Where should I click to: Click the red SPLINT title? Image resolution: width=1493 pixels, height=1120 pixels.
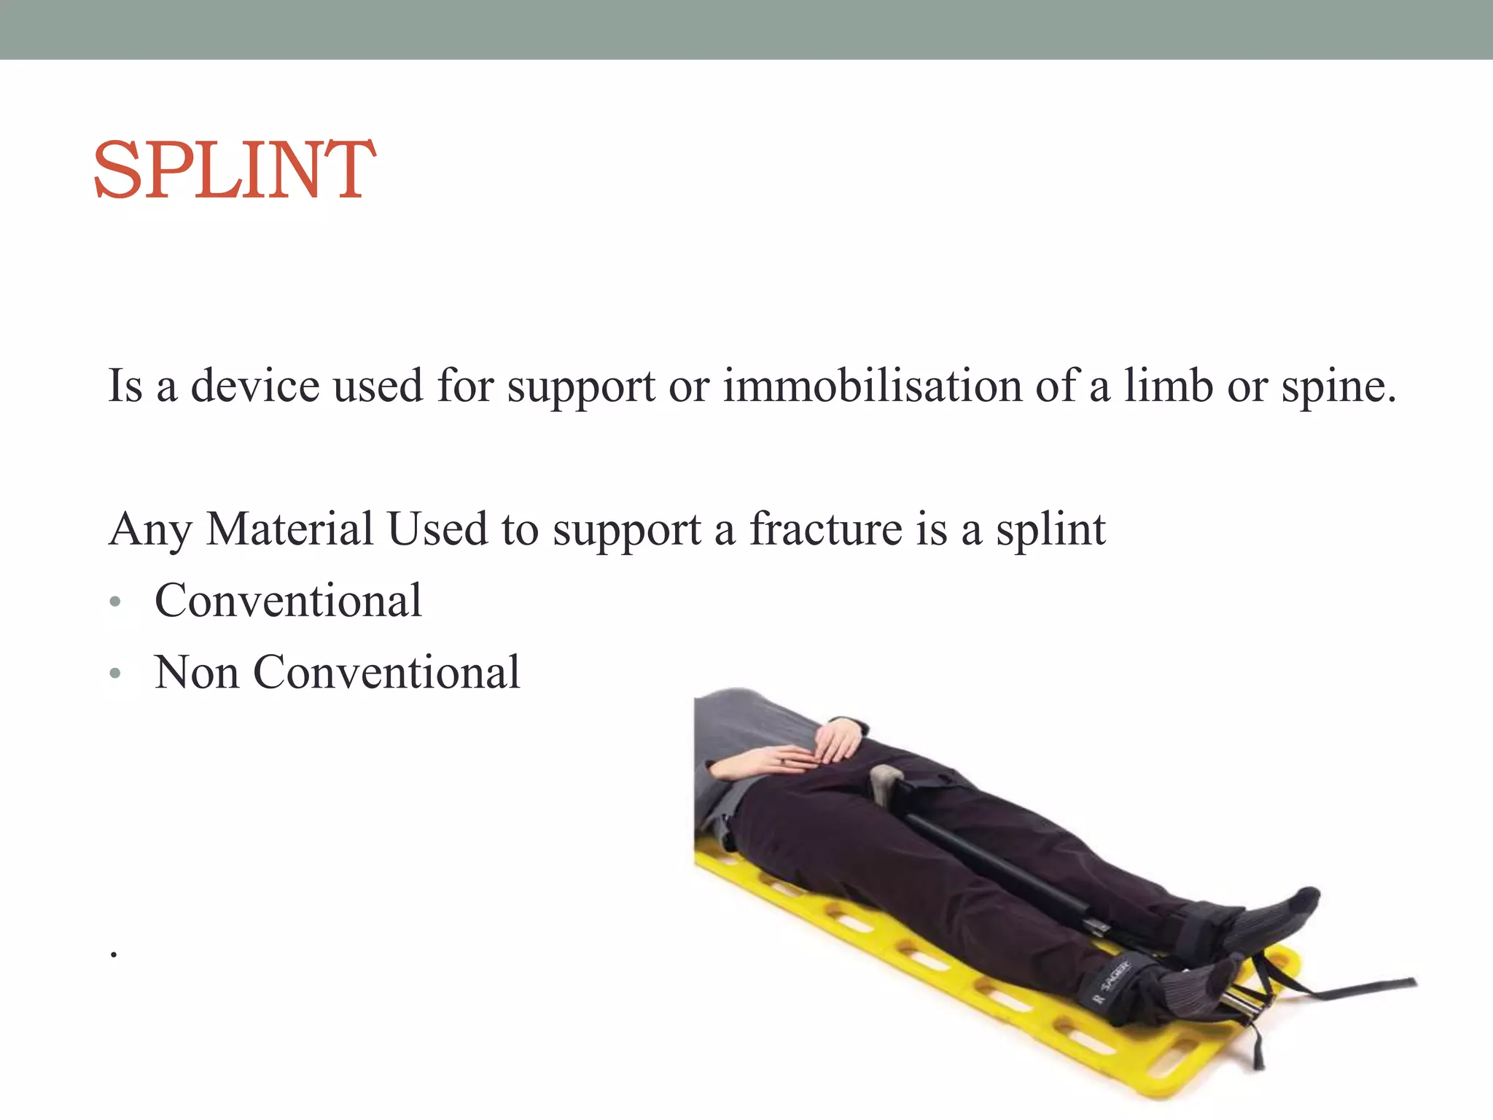click(234, 170)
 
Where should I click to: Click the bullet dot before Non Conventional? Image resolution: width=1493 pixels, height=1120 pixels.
click(115, 673)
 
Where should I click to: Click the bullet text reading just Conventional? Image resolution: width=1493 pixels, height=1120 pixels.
click(288, 600)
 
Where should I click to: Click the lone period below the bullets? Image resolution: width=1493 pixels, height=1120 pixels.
click(114, 953)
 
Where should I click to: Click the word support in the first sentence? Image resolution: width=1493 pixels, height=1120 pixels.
click(581, 386)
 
